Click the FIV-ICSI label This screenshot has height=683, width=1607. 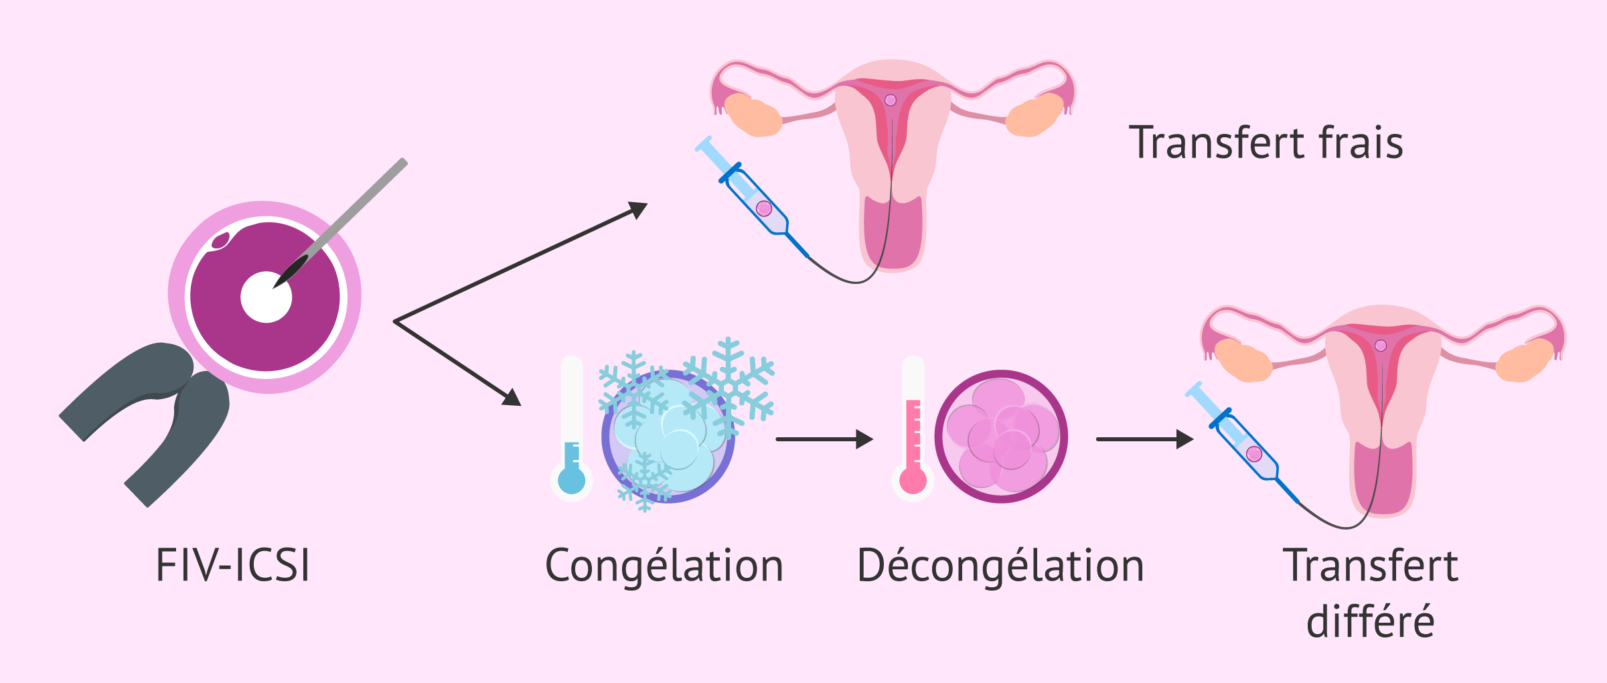pyautogui.click(x=233, y=566)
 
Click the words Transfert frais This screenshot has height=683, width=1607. pyautogui.click(x=1266, y=143)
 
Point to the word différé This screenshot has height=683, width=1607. pyautogui.click(x=1370, y=621)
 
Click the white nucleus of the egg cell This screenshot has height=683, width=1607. pyautogui.click(x=266, y=297)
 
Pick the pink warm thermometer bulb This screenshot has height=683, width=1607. pyautogui.click(x=913, y=480)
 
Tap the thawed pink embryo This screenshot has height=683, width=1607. pyautogui.click(x=1002, y=437)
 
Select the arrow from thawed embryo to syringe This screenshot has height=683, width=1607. pyautogui.click(x=1145, y=439)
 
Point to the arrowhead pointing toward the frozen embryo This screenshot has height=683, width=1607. pyautogui.click(x=510, y=398)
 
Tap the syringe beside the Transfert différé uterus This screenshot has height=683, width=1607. pyautogui.click(x=1241, y=442)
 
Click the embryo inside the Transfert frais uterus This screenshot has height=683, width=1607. pyautogui.click(x=891, y=100)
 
